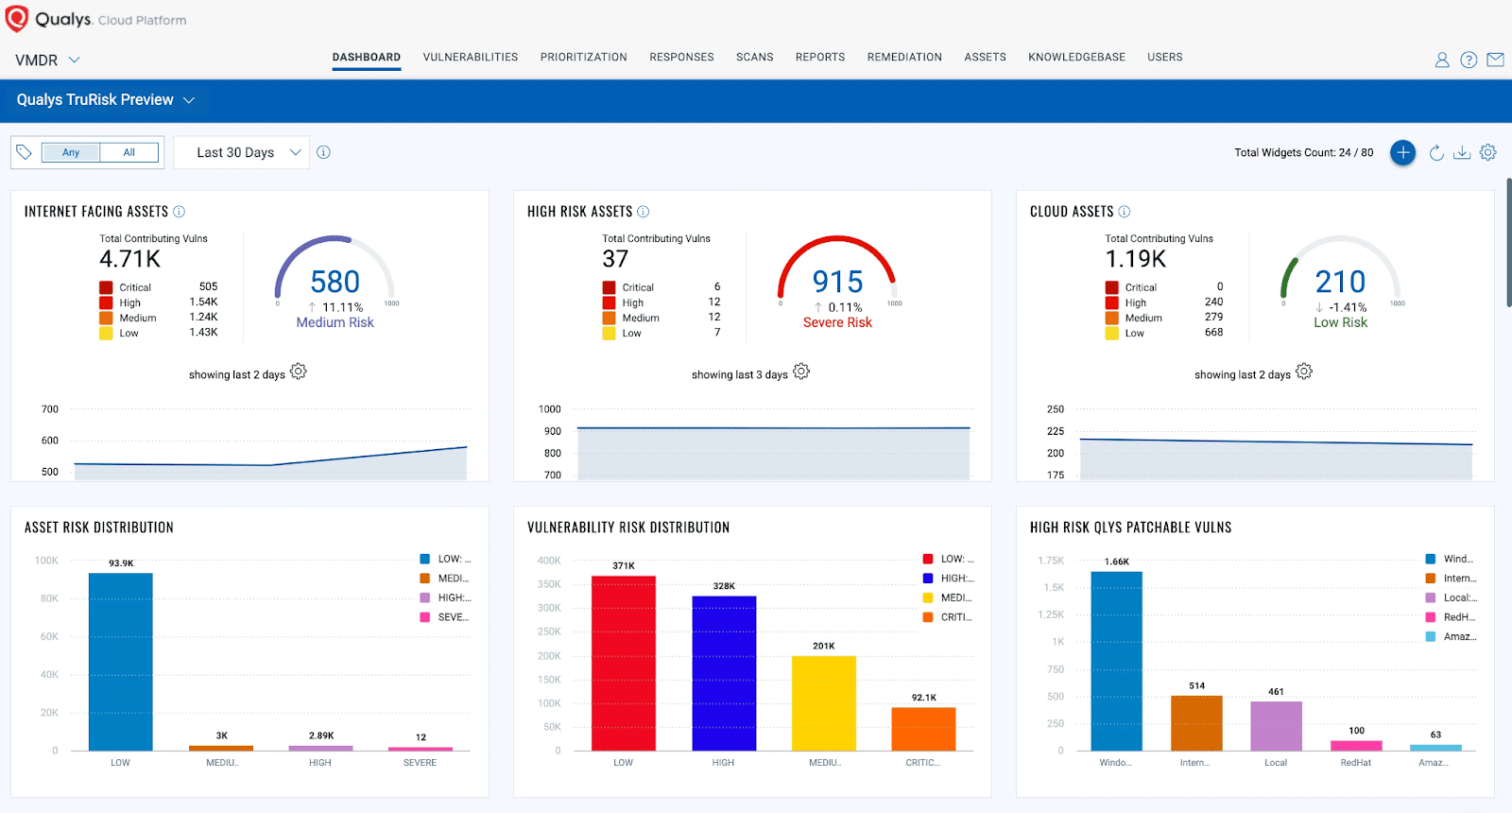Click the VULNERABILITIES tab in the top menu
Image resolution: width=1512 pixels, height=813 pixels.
tap(470, 57)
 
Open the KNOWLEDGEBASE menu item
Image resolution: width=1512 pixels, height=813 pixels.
tap(1076, 57)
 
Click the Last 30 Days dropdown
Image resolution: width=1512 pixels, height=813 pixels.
tap(242, 152)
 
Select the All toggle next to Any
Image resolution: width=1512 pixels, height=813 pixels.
tap(129, 152)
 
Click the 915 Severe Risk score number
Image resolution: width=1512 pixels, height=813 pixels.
tap(837, 282)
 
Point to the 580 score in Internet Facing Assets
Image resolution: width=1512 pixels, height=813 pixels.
tap(335, 282)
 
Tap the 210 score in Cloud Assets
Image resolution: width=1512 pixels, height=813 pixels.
tap(1340, 282)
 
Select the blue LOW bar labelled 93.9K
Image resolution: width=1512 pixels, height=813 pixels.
tap(120, 662)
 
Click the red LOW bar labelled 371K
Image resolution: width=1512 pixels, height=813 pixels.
tap(623, 663)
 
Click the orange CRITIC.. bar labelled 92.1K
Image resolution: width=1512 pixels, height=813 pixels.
tap(923, 729)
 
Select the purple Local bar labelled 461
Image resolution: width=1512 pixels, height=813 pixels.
tap(1276, 726)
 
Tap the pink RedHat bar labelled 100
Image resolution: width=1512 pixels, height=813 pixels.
tap(1356, 746)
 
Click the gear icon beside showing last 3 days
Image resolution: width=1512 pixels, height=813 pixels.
tap(801, 372)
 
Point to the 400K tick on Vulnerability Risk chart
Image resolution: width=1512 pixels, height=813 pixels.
tap(549, 561)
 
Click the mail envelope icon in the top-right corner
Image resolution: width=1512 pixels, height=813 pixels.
tap(1495, 60)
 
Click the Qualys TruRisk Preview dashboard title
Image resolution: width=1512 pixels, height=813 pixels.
tap(95, 99)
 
